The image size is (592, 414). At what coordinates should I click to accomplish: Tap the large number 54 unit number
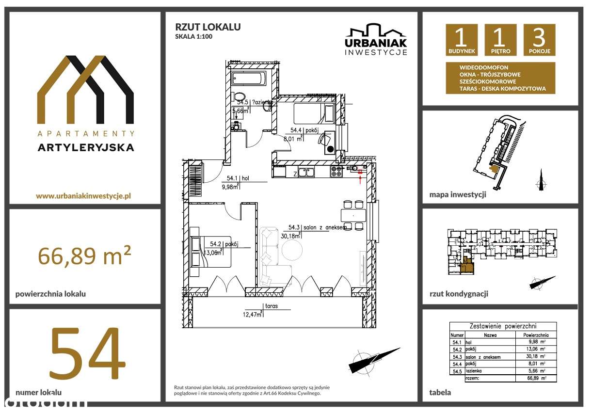tap(86, 353)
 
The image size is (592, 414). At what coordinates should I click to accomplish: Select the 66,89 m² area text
tap(85, 255)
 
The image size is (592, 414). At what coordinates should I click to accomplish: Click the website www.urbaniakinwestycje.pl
tap(84, 196)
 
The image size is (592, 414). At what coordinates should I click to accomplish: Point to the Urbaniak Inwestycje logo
tap(376, 40)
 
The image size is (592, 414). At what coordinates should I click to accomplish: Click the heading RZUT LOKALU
tap(208, 27)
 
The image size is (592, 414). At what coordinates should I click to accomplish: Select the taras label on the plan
tap(272, 306)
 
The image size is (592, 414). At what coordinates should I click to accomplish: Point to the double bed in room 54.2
tap(210, 252)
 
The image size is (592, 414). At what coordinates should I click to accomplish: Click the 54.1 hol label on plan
tap(241, 178)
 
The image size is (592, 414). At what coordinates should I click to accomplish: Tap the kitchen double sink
tap(306, 171)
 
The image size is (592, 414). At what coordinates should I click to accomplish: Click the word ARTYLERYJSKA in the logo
tap(85, 148)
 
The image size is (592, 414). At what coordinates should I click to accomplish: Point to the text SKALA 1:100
tap(193, 36)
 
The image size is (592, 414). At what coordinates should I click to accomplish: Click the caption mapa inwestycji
tap(457, 195)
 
